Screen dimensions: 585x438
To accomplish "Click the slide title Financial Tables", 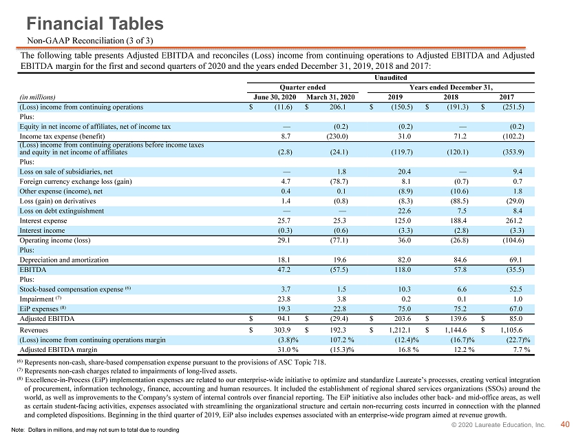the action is (x=95, y=23).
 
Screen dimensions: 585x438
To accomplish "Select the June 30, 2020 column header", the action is (x=275, y=97).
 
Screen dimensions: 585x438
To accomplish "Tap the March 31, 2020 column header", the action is (x=330, y=97).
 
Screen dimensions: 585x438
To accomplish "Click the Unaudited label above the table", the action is (x=391, y=77).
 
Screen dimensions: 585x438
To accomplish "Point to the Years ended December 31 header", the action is (x=451, y=87).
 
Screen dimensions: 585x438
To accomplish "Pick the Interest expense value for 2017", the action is (x=514, y=220).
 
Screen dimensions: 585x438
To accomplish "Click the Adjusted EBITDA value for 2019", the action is (x=403, y=318).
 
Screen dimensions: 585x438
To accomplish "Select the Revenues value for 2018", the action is (x=456, y=330).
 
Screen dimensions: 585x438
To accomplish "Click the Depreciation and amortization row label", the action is (x=64, y=260).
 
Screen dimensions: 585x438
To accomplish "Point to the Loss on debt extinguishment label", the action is (x=61, y=211).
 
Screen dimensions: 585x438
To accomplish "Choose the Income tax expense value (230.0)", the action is (x=337, y=136).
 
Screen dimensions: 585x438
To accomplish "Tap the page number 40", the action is (x=565, y=424).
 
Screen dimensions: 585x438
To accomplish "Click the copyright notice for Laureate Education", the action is (x=498, y=425).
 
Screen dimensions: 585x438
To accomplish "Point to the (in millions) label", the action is (x=37, y=97).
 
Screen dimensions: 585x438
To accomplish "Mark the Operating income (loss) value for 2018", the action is (x=459, y=240).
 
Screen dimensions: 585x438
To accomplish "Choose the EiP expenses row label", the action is (x=43, y=309).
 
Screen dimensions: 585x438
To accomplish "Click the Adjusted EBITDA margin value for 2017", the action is (x=520, y=350).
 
